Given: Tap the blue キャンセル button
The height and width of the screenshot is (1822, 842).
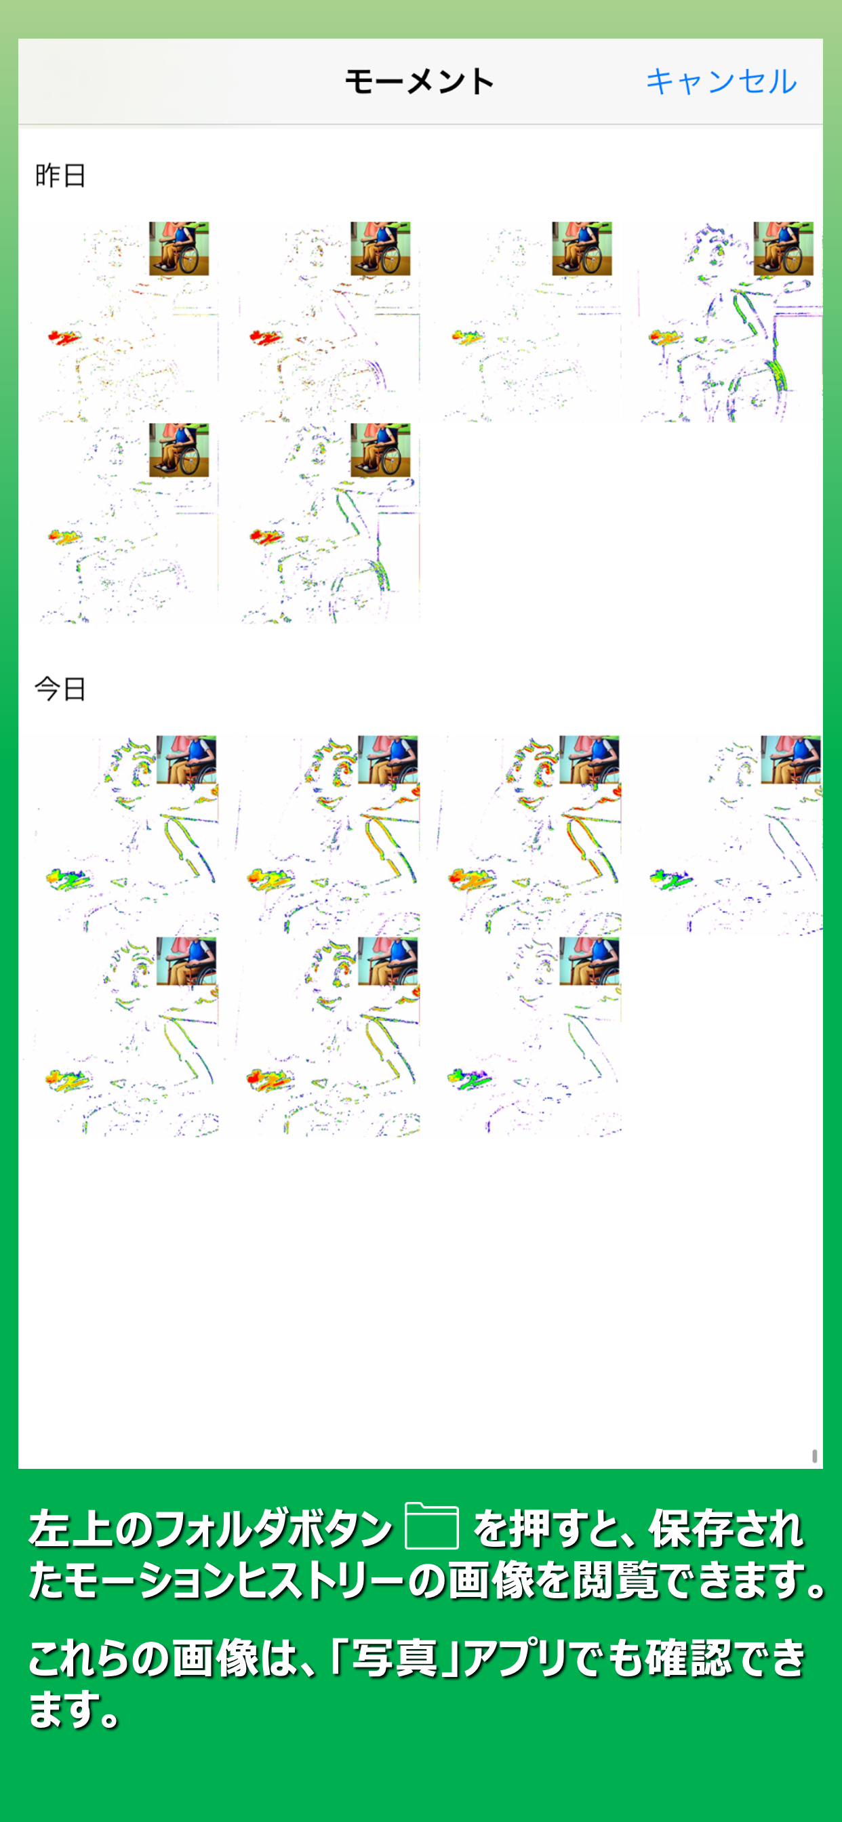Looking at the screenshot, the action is tap(721, 81).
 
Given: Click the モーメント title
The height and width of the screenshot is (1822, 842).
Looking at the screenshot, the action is tap(420, 81).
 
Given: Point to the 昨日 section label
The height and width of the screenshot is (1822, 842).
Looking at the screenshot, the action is tap(60, 175).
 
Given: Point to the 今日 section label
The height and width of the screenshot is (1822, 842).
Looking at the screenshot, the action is tap(60, 688).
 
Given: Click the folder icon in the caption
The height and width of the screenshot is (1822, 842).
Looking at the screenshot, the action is tap(432, 1526).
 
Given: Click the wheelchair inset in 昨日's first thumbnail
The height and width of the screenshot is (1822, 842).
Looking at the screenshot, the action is tap(179, 248).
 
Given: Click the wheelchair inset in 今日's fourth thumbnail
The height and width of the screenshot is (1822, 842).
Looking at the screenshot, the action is tap(791, 760).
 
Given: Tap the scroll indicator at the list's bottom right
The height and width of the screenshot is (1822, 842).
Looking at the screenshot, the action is tap(815, 1455).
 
